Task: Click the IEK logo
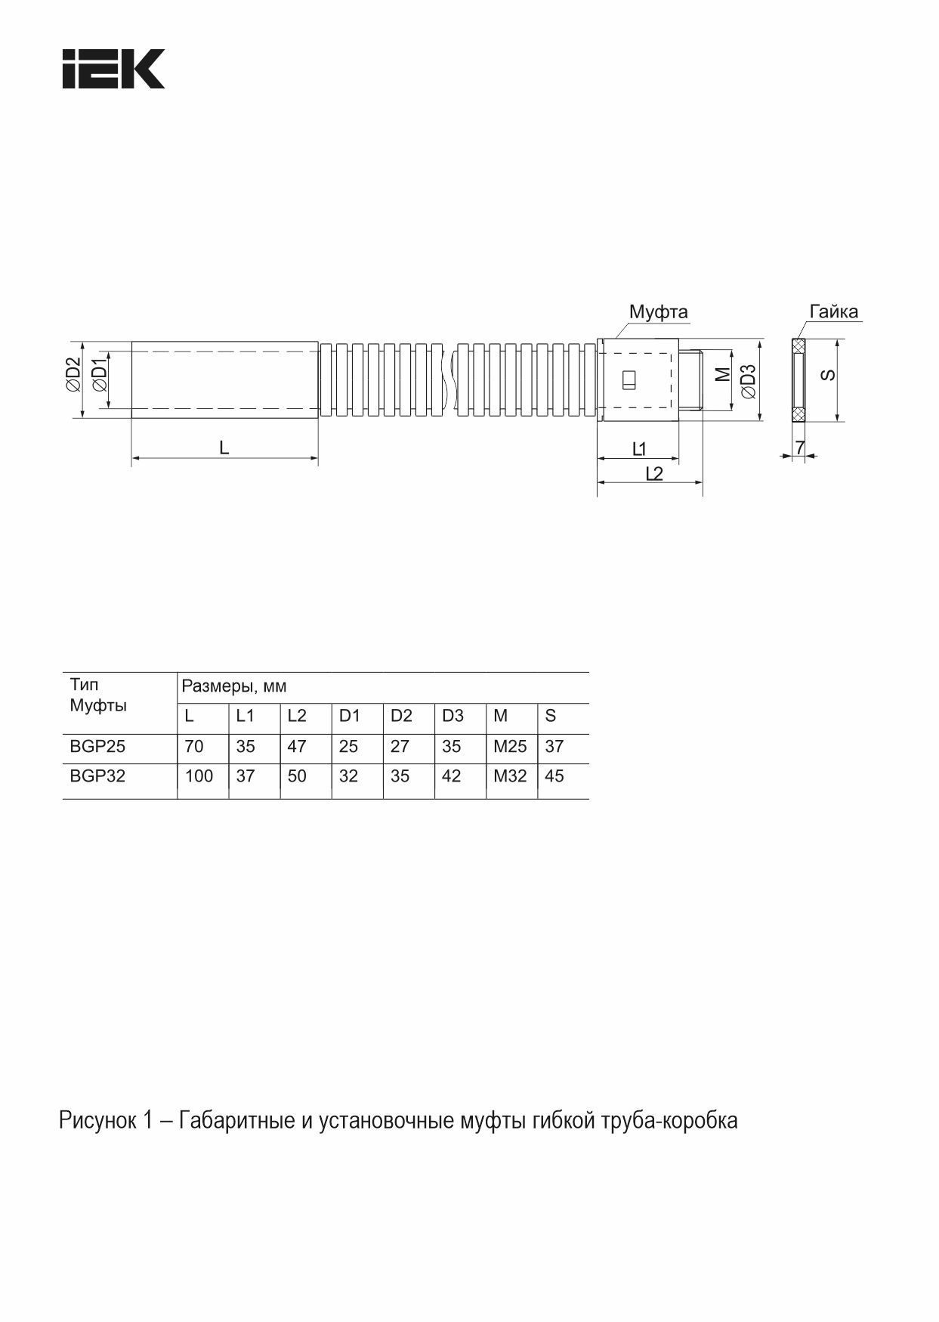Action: pos(113,69)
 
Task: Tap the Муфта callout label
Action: pos(658,312)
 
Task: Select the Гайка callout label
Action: pos(833,311)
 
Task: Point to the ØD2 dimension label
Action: pos(73,374)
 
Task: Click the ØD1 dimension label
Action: pos(99,375)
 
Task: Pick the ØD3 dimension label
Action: pos(747,381)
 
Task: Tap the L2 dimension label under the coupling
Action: pos(654,473)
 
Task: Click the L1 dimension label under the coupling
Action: pos(639,449)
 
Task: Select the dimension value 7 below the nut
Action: pos(799,447)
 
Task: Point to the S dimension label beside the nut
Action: pos(829,374)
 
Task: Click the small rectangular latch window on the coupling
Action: pos(629,380)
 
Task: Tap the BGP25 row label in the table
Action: pos(97,747)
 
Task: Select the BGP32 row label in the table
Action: pos(97,776)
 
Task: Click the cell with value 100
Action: pos(199,776)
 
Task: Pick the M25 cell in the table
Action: pos(510,747)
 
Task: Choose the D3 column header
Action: pos(453,716)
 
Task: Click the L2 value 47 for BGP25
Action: pos(297,747)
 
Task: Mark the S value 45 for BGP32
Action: pos(554,776)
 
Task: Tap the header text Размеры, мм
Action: pos(234,687)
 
